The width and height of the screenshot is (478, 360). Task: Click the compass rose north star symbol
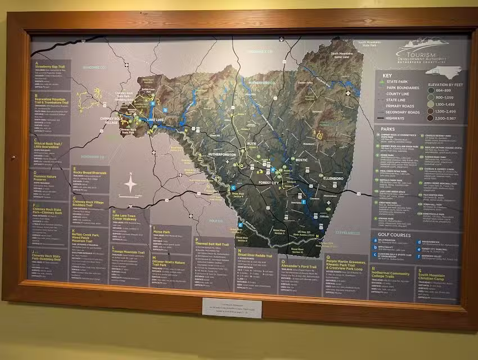[130, 184]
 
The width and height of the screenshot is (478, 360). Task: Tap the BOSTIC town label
[301, 160]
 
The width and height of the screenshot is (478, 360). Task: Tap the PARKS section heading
[387, 129]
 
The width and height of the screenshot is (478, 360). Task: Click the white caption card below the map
[231, 307]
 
